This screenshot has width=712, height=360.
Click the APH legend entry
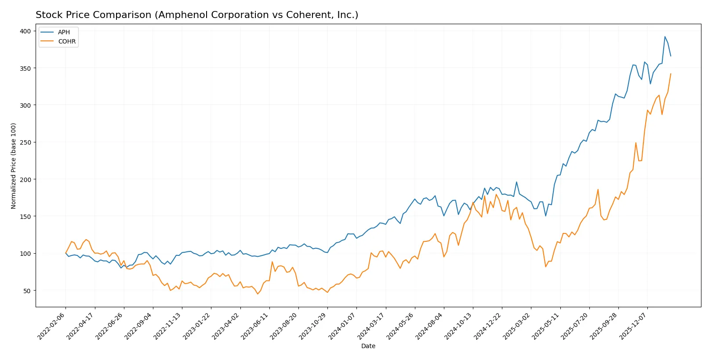coord(64,32)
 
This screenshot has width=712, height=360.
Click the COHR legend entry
coord(67,41)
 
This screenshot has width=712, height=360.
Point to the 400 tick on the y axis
coord(25,31)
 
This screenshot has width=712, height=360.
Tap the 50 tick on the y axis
coord(27,291)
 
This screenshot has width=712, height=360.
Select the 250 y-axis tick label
coord(25,142)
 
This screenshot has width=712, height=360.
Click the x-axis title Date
coord(368,346)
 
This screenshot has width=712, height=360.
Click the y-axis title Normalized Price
coord(14,166)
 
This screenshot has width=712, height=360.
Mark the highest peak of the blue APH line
coord(665,36)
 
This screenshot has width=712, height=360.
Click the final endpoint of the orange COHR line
coord(671,74)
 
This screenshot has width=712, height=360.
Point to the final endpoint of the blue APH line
coord(671,56)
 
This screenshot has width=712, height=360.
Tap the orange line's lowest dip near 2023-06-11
coord(258,294)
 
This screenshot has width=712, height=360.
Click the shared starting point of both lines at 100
coord(65,253)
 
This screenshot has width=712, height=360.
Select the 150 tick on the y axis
coord(25,216)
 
